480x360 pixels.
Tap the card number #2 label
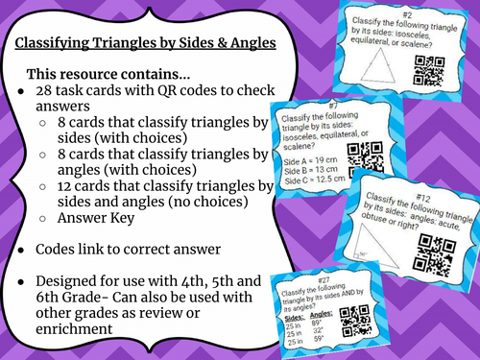[x=406, y=14]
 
